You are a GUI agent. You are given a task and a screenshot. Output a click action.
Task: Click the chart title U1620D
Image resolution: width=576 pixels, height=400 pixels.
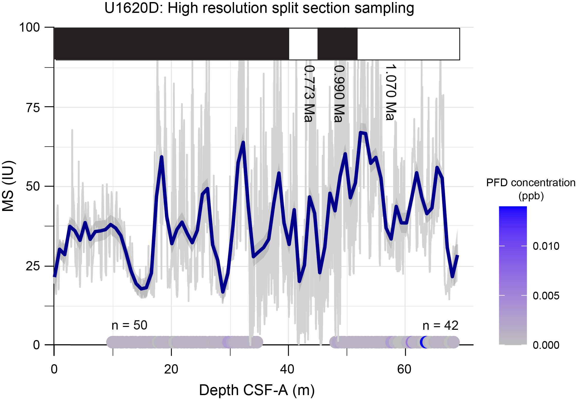click(259, 8)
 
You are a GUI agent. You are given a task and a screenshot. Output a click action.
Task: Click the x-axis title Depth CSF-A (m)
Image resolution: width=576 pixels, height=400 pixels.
click(257, 390)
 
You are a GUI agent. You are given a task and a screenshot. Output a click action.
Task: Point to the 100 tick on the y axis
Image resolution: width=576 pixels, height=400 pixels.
click(30, 27)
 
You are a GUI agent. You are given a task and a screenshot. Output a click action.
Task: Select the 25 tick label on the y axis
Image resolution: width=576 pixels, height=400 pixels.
click(33, 266)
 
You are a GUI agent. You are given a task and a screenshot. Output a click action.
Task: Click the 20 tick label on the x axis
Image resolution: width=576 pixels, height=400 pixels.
click(171, 369)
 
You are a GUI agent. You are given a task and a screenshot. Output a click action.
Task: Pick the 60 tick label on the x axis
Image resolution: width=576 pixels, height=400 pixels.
click(404, 369)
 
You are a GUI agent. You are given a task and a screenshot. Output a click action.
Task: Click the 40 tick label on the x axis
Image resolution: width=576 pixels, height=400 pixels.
click(288, 369)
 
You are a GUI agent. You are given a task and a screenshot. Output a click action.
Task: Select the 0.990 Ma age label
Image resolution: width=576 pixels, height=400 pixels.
click(339, 94)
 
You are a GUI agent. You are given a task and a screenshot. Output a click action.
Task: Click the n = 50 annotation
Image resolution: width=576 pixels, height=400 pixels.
click(129, 325)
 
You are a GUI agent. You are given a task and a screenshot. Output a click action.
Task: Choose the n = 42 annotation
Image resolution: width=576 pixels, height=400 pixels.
click(440, 325)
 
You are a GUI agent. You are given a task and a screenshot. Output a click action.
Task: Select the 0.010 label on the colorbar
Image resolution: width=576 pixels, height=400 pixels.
click(546, 246)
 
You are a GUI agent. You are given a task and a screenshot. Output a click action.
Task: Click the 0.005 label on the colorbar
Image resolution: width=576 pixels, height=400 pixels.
click(546, 296)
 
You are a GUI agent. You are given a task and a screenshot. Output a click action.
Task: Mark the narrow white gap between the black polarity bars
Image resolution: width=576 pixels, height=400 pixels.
click(303, 44)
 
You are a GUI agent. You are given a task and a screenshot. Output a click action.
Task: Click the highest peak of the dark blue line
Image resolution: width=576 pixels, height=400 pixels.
click(361, 132)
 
